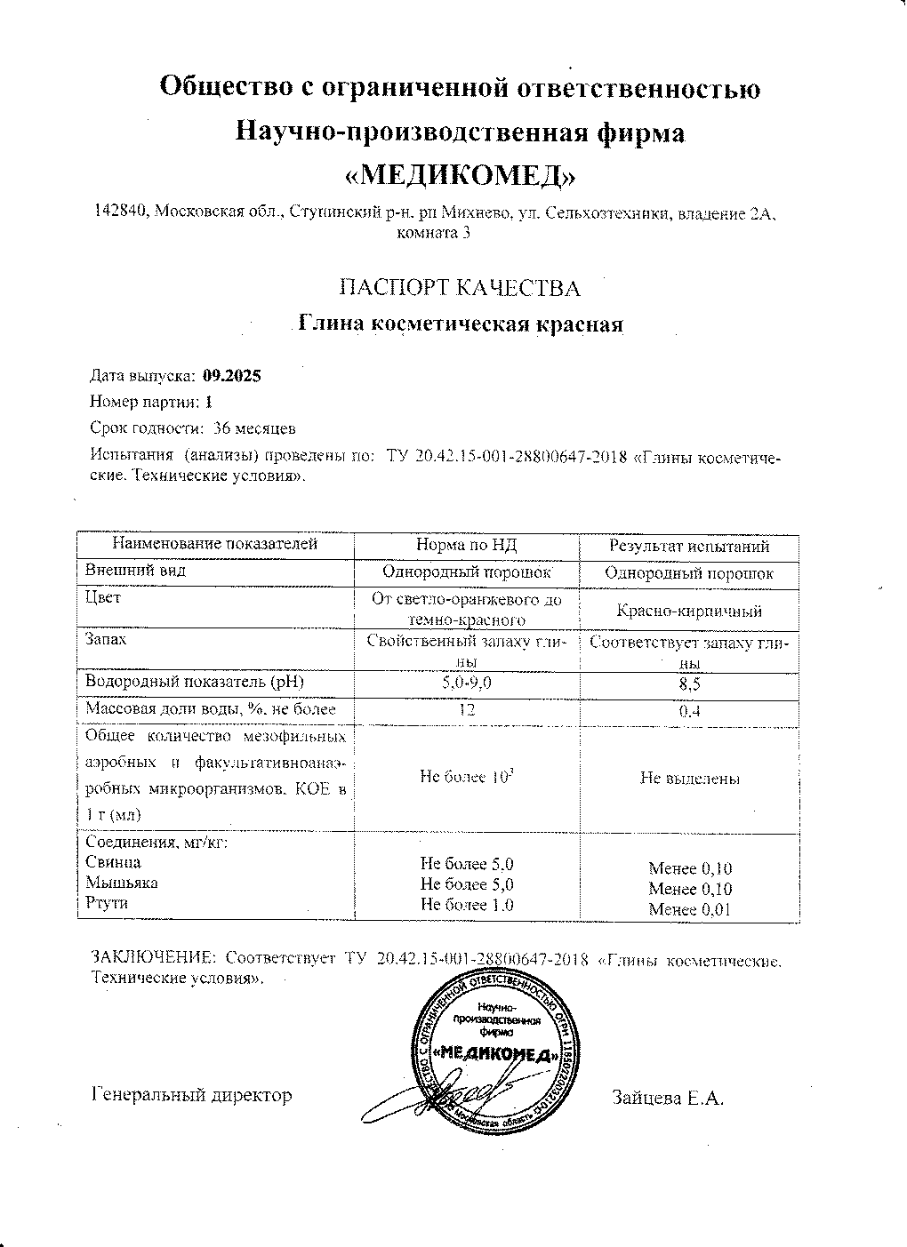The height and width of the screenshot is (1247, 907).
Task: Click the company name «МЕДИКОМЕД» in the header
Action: [x=460, y=176]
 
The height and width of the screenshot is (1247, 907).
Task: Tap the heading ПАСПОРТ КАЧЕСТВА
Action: [x=460, y=288]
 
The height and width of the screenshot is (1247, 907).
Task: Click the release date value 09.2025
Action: [x=232, y=376]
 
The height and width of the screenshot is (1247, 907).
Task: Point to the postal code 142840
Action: [x=122, y=212]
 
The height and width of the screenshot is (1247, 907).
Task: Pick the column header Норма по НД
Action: [x=466, y=546]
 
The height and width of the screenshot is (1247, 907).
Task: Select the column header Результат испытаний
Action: [x=689, y=547]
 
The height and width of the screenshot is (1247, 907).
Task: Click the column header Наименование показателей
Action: [x=214, y=545]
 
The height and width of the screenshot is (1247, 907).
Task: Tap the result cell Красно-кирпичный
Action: [x=689, y=611]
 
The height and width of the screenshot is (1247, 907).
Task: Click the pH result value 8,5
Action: [x=689, y=683]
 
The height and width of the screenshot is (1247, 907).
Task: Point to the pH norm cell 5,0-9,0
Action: [x=466, y=683]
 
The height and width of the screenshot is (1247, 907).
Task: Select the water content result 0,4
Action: [x=689, y=710]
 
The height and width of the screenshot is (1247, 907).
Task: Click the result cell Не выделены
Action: [x=689, y=779]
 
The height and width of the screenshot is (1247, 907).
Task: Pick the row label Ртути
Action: [x=107, y=903]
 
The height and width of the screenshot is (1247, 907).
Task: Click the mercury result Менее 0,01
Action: [x=690, y=908]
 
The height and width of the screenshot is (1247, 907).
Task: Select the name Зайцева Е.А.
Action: [x=668, y=1098]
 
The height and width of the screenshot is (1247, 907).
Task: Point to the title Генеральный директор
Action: [x=192, y=1095]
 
